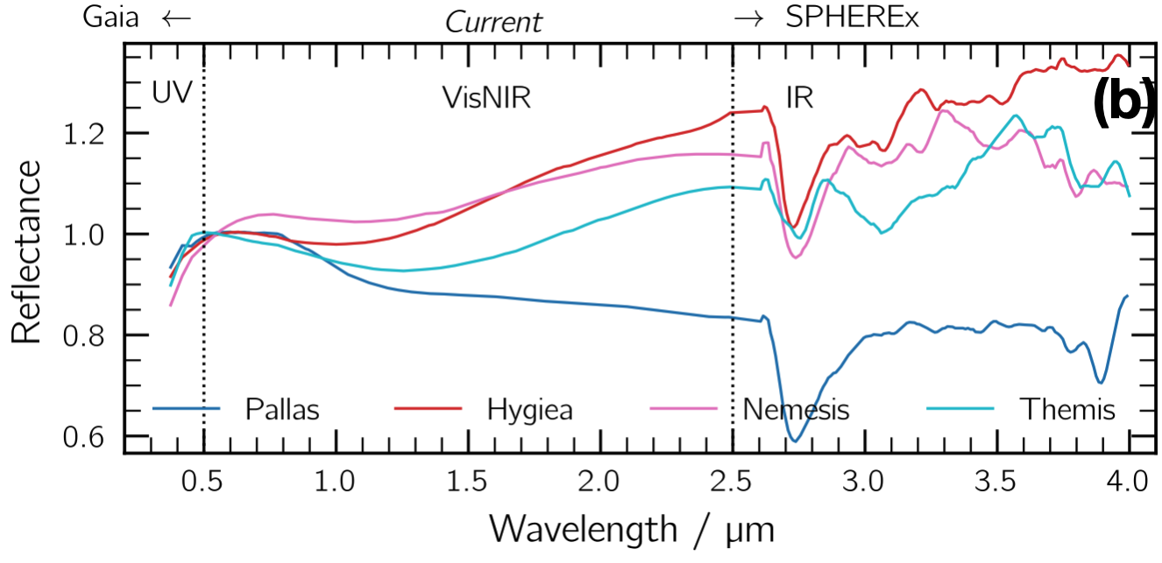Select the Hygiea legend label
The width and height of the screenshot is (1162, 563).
529,410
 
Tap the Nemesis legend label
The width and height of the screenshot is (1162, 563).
796,410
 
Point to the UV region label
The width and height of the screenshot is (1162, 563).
172,94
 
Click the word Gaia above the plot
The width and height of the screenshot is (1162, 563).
111,18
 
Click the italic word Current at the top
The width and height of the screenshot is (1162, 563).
493,21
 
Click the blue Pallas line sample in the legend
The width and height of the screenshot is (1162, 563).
186,409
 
